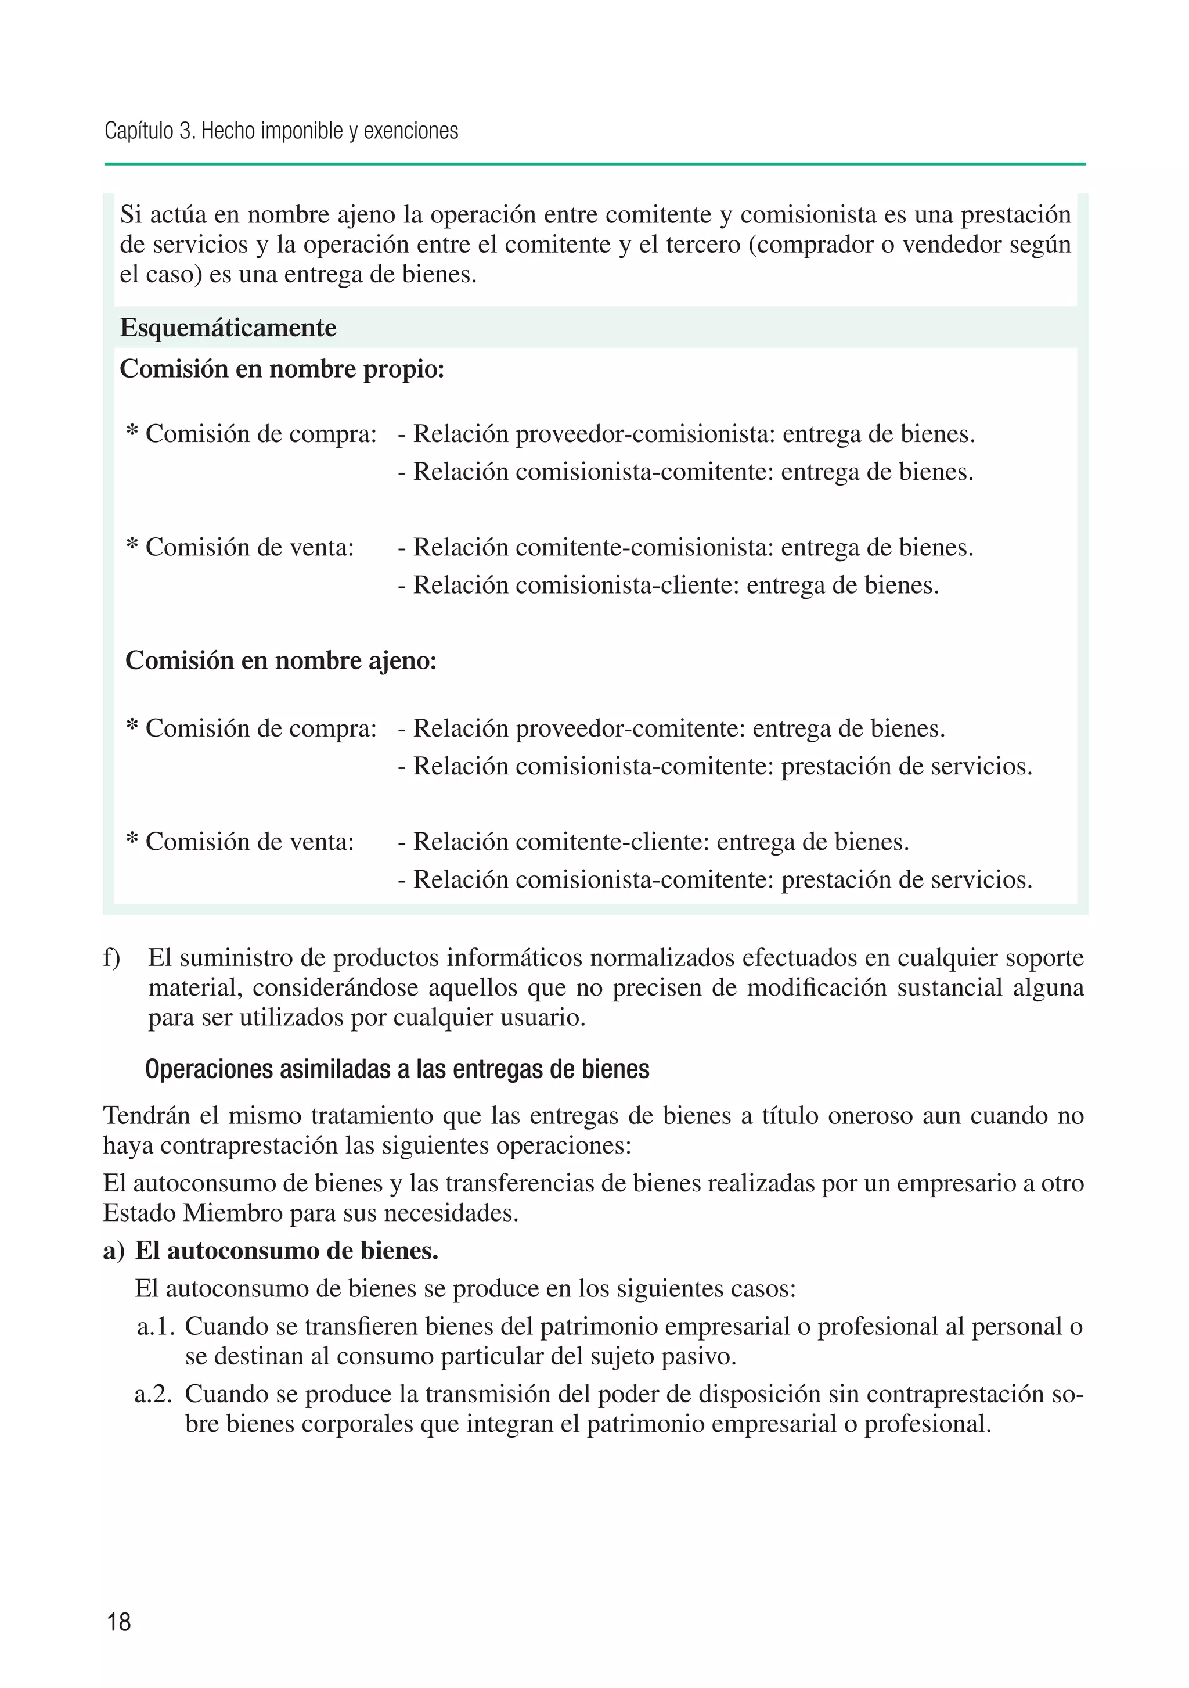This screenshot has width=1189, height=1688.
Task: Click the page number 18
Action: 119,1621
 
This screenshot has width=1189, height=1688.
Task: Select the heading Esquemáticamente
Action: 228,327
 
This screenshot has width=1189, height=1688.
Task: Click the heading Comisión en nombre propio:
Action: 282,368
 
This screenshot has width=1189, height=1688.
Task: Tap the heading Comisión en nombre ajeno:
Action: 281,660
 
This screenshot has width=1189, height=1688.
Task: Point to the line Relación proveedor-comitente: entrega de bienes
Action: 671,728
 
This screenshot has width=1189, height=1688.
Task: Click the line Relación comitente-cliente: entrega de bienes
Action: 653,841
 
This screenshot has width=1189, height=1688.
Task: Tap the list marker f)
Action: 111,957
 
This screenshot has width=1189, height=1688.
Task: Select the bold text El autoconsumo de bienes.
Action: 287,1251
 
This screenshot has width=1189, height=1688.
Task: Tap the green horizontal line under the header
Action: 594,164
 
